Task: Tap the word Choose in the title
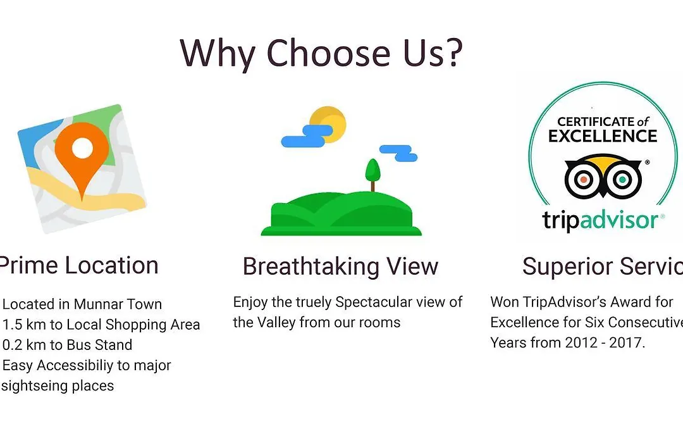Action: click(328, 53)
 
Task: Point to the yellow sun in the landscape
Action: click(328, 124)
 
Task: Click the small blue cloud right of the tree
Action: click(398, 153)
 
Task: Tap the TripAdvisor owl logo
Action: click(603, 176)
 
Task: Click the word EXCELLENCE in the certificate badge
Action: click(603, 136)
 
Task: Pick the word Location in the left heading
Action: click(111, 265)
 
